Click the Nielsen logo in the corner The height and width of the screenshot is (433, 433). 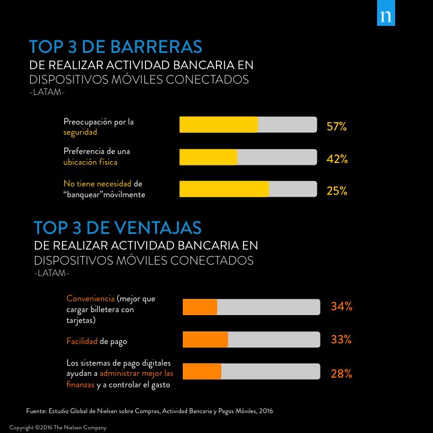pos(385,17)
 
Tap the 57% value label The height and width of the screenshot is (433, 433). pos(337,127)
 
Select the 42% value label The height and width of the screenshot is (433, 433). pos(337,159)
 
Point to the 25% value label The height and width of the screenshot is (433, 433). pos(337,191)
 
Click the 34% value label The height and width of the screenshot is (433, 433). pos(341,307)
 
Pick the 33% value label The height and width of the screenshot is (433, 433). pos(341,339)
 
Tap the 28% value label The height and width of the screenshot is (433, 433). pos(341,373)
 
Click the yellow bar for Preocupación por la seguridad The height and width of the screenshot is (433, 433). pos(218,124)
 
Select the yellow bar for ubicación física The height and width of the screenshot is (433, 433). pos(208,157)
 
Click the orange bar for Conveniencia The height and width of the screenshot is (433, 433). pos(200,307)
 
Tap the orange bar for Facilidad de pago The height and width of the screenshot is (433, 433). pos(205,339)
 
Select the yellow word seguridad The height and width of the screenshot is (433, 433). pos(80,132)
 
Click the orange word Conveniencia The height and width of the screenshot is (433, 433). pos(90,298)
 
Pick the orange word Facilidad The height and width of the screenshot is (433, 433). pos(82,342)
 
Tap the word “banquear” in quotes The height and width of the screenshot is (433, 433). pos(83,195)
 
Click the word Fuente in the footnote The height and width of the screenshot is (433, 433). pos(37,411)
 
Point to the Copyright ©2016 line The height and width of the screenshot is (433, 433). pos(58,428)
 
